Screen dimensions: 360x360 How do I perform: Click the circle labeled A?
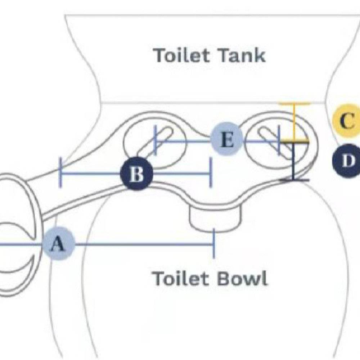(x=59, y=244)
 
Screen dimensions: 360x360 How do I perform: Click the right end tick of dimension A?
(x=214, y=244)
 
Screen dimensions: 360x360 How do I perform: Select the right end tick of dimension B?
(x=211, y=174)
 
